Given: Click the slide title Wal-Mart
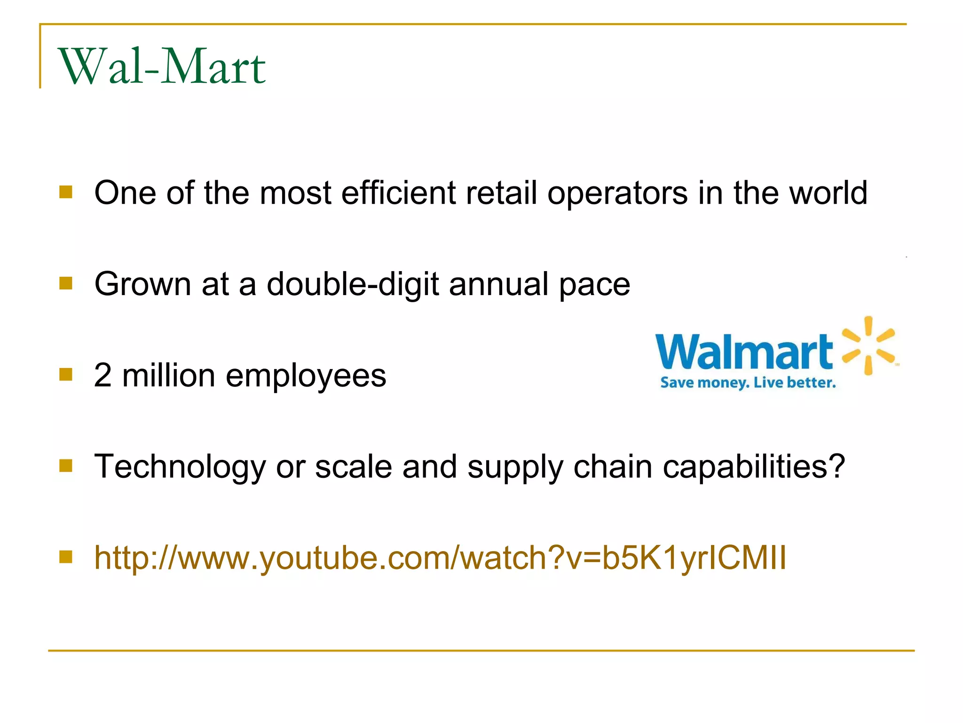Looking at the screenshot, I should pos(162,67).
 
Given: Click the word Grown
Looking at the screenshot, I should pos(142,284).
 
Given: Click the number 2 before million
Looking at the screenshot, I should pos(103,375).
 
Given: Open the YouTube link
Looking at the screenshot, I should pos(440,558).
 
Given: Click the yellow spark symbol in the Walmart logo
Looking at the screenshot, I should pos(868,346).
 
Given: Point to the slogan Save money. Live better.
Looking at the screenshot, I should pos(748,382).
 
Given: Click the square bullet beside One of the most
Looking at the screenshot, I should pos(66,192).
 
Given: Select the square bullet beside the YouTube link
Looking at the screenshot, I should pos(66,557).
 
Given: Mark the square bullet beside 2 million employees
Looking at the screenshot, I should pos(66,374).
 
